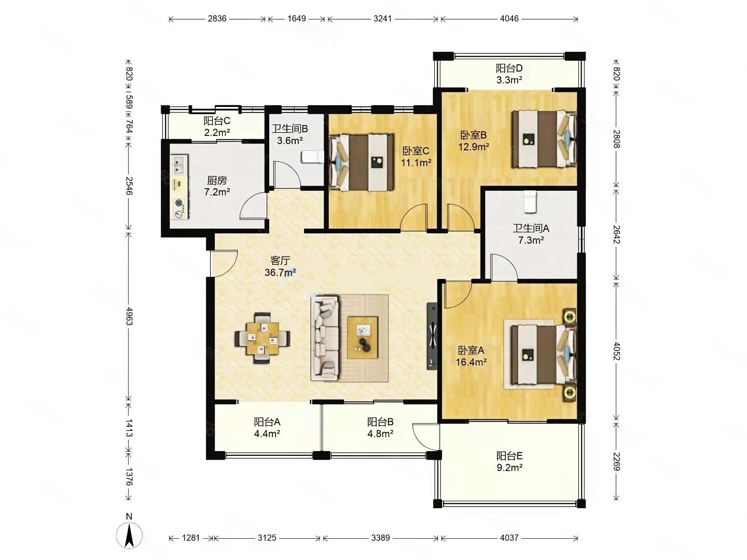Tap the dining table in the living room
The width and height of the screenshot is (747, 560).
(262, 338)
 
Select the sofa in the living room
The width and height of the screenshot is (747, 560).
(325, 338)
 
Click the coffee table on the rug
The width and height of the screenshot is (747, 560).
(363, 337)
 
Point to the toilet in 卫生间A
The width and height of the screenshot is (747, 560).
(530, 202)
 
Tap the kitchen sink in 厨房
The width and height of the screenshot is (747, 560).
(178, 164)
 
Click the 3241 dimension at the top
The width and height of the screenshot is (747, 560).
(382, 18)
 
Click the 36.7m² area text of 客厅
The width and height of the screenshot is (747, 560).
(280, 272)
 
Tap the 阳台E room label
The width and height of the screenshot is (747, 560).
(509, 456)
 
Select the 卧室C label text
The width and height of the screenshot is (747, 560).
(416, 150)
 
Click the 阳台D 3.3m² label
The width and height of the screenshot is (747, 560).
(509, 74)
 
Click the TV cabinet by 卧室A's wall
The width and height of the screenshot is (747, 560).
(432, 336)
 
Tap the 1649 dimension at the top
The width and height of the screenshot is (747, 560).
(296, 18)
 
